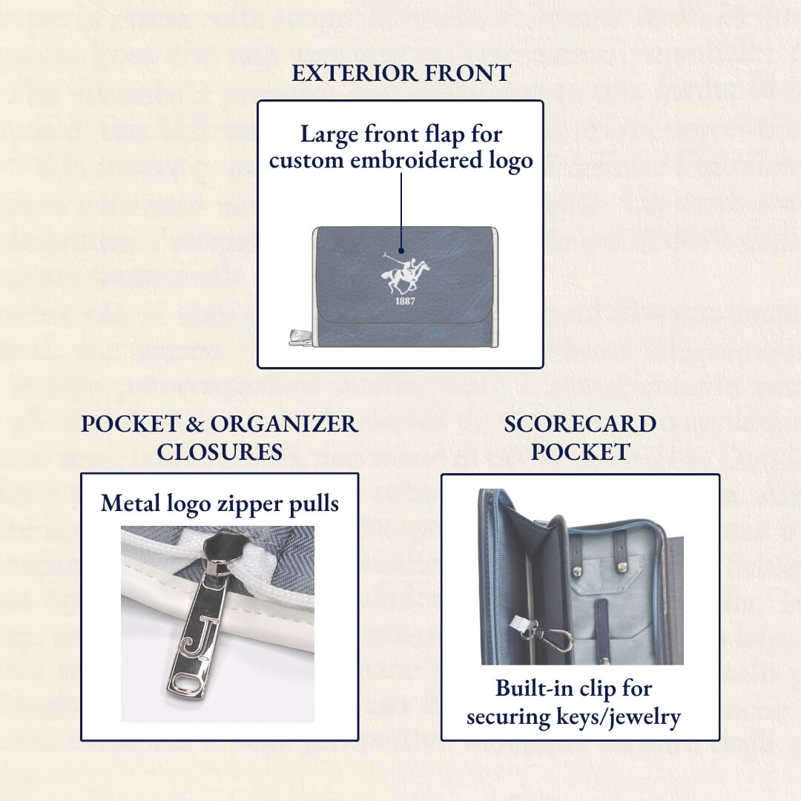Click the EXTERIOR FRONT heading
pos(400,73)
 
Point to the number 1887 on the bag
pos(405,302)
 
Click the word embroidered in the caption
pos(416,161)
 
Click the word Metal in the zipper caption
pos(130,504)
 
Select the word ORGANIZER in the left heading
pos(285,424)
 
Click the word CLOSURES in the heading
pos(220,452)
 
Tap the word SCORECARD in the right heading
pos(580,424)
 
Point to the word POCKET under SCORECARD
pos(580,452)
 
